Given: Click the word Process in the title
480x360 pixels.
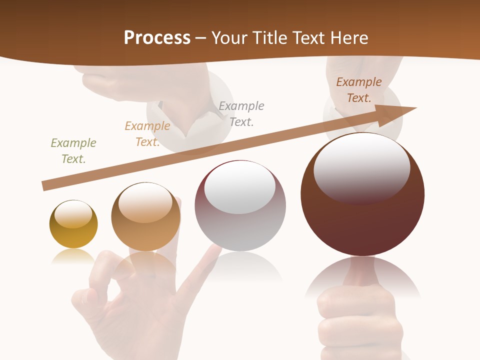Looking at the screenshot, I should (157, 38).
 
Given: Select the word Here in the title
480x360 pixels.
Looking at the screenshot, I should (349, 38).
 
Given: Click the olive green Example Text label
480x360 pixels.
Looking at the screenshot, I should (73, 151).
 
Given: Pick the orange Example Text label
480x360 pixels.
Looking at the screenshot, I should (147, 134).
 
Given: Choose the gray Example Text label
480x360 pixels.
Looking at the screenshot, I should (241, 113).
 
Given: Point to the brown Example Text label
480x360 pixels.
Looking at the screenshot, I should (359, 90).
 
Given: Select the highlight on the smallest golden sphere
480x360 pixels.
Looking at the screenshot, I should (73, 214).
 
